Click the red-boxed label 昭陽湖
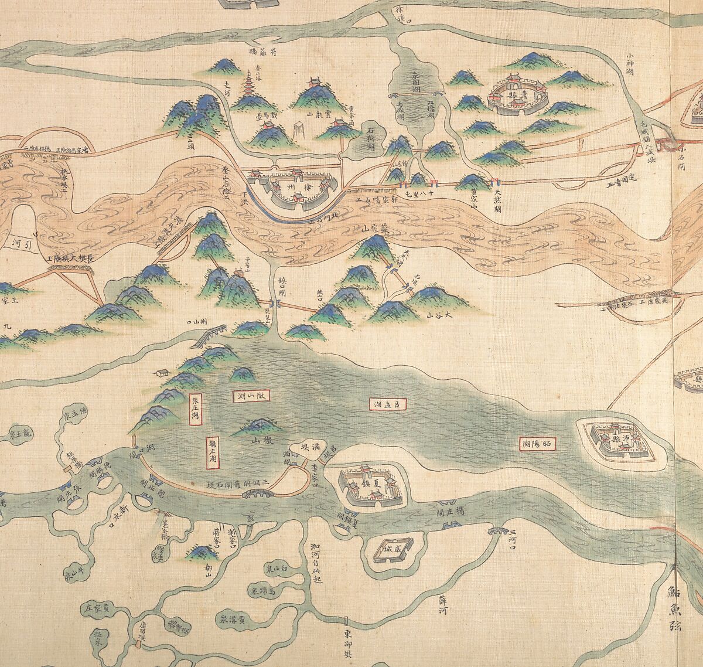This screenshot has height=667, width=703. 537,444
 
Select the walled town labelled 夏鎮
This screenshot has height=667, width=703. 368,484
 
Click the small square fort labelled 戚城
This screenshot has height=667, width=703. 392,549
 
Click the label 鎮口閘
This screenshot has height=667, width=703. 283,281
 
